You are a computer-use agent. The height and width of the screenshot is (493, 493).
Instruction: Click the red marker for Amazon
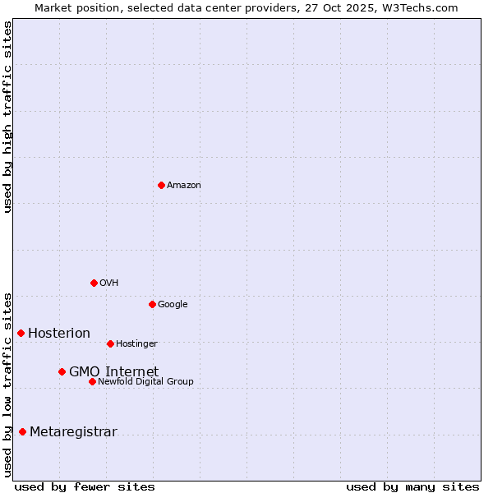click(161, 185)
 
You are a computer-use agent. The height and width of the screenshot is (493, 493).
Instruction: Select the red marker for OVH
click(94, 283)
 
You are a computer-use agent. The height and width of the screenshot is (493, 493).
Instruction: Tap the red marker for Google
click(152, 304)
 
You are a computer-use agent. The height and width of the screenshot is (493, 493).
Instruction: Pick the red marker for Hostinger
click(110, 343)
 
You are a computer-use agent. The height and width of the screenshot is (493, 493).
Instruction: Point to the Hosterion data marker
click(21, 333)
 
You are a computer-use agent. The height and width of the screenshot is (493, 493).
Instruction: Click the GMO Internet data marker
click(62, 371)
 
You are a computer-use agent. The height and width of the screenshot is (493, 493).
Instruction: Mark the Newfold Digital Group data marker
click(92, 381)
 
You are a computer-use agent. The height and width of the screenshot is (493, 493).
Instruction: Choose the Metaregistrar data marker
click(22, 431)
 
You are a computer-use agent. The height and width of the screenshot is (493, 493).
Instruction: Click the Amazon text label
click(184, 186)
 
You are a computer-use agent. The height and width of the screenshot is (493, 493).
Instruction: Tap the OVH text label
click(109, 283)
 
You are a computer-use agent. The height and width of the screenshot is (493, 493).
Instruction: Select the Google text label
click(173, 305)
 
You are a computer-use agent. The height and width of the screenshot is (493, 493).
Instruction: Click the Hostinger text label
click(136, 344)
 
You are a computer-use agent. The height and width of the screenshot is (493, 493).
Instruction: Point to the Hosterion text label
click(59, 334)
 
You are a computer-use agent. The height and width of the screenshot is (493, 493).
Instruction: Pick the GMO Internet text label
click(113, 372)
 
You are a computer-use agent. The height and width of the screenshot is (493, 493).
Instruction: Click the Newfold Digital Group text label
click(145, 382)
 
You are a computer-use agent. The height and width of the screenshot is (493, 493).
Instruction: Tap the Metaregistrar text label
click(73, 432)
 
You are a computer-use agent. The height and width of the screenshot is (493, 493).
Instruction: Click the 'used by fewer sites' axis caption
click(85, 486)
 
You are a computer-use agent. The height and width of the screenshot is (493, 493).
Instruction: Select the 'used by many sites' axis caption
click(412, 486)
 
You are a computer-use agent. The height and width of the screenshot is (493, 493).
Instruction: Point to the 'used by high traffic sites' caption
click(8, 117)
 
